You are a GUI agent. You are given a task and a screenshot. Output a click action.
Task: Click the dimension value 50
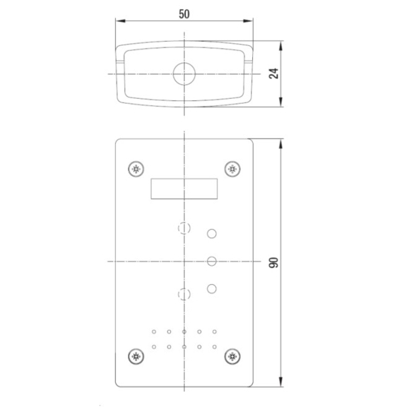[184, 13]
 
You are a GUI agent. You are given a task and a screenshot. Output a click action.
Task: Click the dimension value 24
[273, 74]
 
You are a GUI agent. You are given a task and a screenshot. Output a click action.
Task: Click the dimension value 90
[273, 262]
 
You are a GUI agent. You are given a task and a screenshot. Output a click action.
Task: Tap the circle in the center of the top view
[184, 73]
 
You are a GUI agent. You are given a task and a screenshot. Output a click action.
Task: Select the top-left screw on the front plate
[136, 169]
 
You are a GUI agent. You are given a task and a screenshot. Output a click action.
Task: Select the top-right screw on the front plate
[232, 169]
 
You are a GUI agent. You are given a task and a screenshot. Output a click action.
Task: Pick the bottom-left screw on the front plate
[136, 357]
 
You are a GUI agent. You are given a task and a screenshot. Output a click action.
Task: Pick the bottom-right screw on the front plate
[232, 357]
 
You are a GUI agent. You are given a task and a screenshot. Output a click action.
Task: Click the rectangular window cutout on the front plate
[184, 189]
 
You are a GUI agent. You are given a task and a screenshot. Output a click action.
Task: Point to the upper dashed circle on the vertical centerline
[184, 228]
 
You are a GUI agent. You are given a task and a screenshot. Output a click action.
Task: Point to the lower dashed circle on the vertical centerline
[184, 294]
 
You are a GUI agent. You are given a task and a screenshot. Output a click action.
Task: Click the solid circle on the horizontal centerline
[211, 261]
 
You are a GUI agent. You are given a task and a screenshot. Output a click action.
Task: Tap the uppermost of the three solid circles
[211, 233]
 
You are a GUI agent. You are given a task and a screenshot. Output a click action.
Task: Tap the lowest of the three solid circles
[211, 288]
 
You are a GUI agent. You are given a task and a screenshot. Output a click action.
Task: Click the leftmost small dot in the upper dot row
[154, 331]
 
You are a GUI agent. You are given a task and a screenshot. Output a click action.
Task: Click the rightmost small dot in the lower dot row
[214, 346]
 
